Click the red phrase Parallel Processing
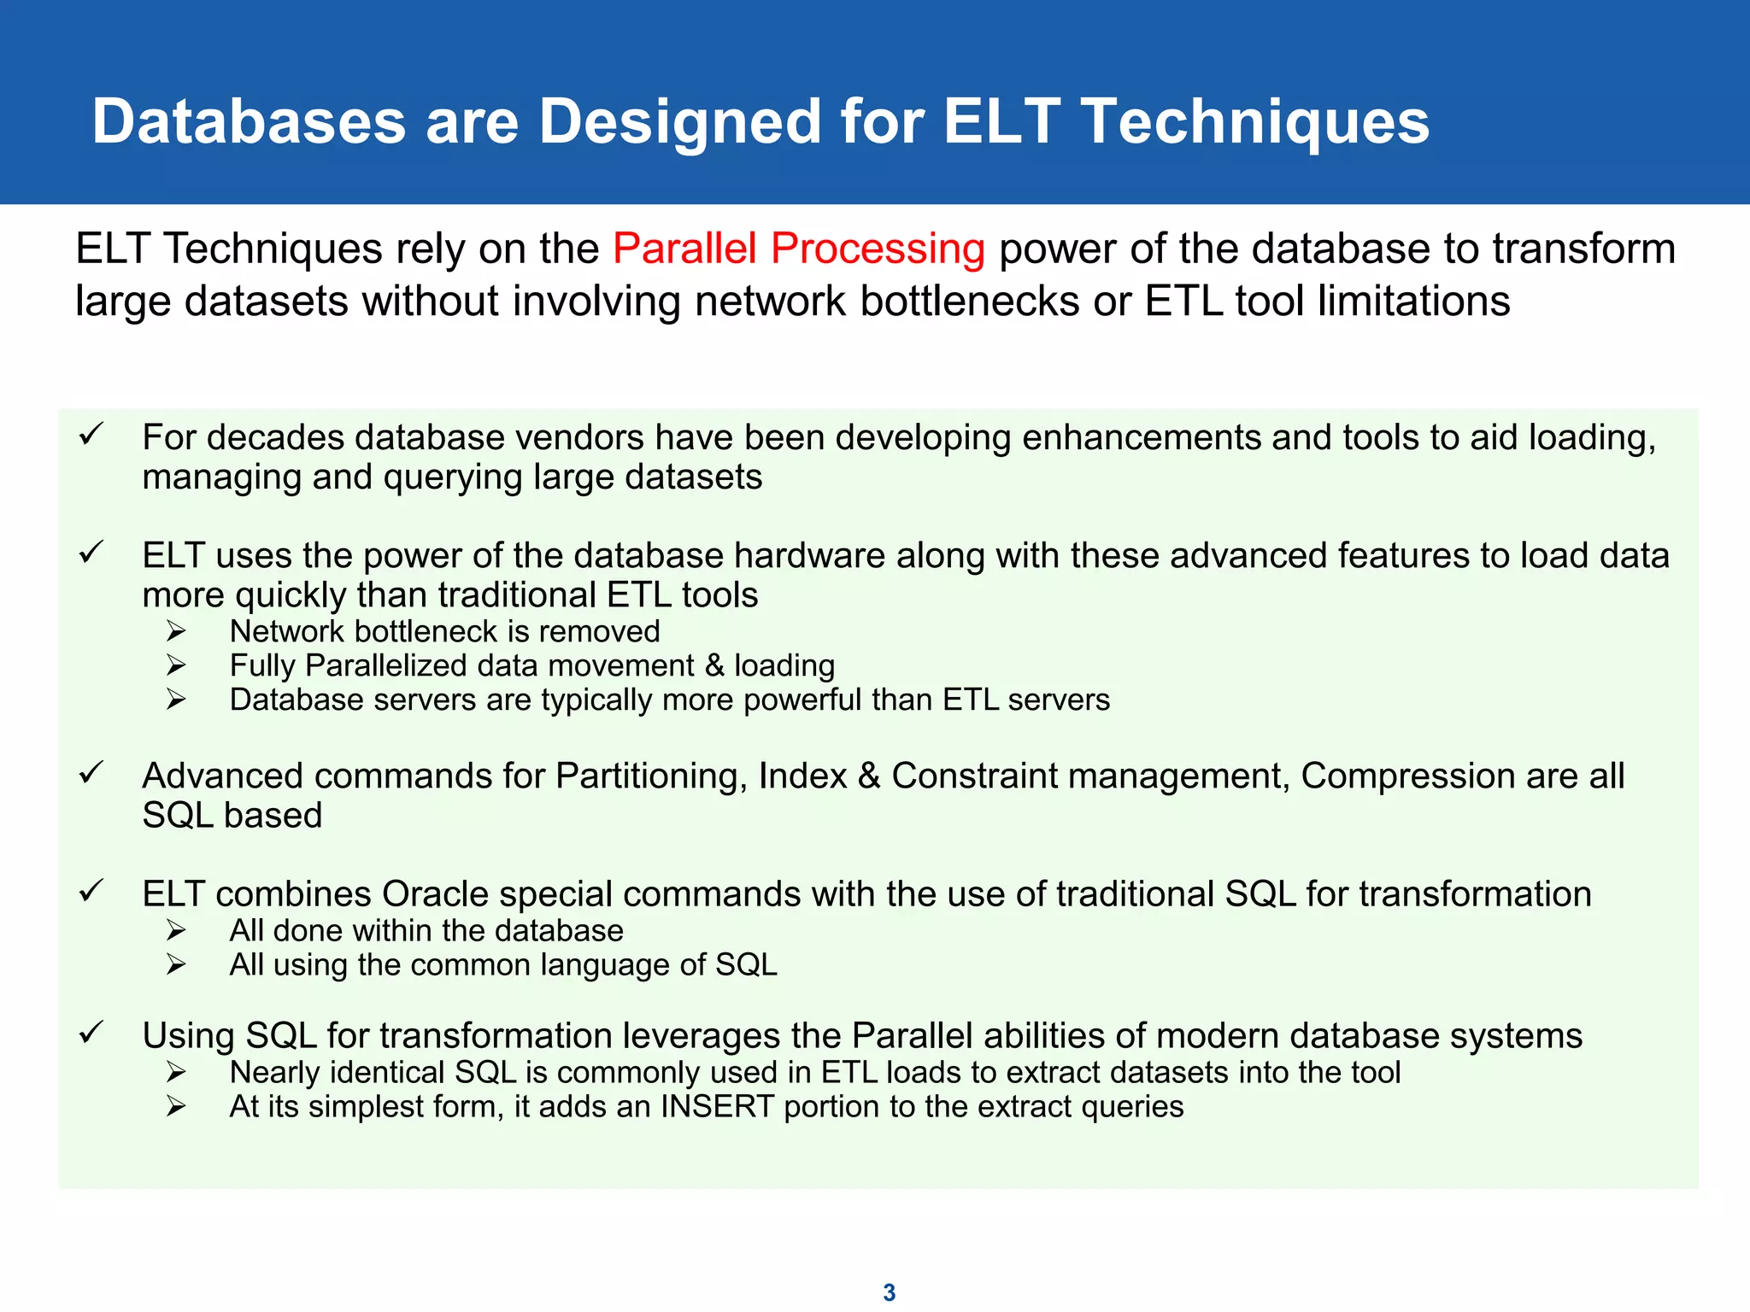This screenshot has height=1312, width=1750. (x=799, y=249)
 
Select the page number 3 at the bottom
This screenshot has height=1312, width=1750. (x=889, y=1292)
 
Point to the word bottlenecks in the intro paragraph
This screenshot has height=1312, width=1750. (x=970, y=302)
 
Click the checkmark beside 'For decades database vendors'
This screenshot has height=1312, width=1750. (x=91, y=434)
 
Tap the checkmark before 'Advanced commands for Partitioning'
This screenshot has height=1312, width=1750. (x=91, y=773)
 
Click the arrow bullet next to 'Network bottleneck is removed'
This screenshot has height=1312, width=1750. (x=176, y=631)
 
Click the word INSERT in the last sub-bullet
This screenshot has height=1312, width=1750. (x=717, y=1107)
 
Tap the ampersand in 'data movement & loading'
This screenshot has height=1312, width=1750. (x=714, y=666)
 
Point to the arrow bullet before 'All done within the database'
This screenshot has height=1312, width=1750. (x=176, y=930)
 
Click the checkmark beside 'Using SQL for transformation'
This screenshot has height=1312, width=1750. (x=91, y=1033)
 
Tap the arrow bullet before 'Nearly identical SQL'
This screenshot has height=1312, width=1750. (x=176, y=1072)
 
